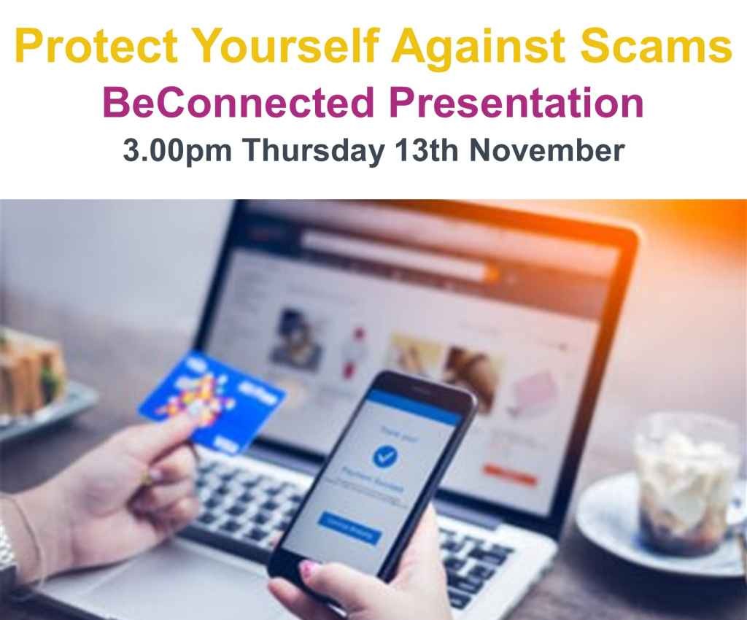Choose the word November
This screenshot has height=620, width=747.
tap(547, 151)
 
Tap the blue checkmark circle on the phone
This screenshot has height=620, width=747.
tap(384, 457)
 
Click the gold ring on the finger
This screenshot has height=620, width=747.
tap(147, 478)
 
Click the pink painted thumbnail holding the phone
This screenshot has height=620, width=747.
tap(307, 567)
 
